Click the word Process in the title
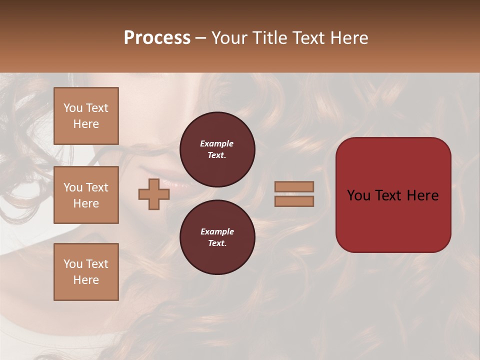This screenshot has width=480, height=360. [157, 38]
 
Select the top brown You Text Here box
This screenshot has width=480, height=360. [86, 116]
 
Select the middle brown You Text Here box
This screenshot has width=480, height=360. [86, 195]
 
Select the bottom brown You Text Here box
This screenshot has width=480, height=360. [86, 272]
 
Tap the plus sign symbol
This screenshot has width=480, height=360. [154, 194]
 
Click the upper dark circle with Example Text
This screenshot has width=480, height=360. [217, 149]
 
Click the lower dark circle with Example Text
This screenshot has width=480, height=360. [217, 237]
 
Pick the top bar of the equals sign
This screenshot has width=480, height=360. [294, 186]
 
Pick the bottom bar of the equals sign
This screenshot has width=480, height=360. [294, 201]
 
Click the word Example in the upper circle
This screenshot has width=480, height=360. [216, 143]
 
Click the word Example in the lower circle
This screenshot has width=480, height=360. [217, 231]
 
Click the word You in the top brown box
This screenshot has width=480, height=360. [73, 108]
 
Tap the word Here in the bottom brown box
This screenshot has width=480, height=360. [86, 280]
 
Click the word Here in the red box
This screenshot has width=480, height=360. [422, 195]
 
